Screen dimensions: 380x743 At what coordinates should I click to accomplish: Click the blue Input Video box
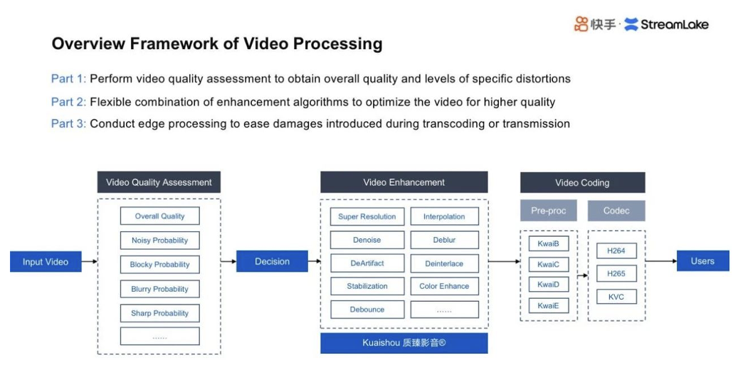pos(45,262)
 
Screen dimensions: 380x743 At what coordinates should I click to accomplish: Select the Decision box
pos(272,262)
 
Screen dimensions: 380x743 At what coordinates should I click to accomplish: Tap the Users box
pos(702,261)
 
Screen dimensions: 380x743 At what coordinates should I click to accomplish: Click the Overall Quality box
pos(159,216)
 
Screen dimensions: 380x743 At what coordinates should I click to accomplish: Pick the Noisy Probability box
pos(159,241)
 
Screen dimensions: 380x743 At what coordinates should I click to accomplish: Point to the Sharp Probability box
pos(159,313)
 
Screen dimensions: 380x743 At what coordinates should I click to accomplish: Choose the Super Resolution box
pos(367,216)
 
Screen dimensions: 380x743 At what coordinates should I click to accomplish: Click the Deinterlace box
pos(444,263)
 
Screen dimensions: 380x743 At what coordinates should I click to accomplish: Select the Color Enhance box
pos(444,286)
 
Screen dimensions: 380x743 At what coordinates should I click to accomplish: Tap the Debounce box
pos(367,310)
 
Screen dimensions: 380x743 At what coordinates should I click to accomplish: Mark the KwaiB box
pos(548,243)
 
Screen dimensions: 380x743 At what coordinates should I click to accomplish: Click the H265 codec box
pos(616,274)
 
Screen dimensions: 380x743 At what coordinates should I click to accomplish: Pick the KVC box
pos(616,297)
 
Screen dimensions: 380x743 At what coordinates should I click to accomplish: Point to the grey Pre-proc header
pos(548,211)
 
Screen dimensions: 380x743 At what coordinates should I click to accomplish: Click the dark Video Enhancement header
pos(404,182)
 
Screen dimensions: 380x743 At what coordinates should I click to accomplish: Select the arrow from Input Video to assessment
pos(88,262)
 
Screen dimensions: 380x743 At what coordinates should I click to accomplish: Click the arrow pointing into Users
pos(660,261)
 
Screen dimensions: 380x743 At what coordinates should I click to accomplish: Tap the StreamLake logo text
pos(674,25)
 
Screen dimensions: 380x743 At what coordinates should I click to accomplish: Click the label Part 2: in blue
pos(68,102)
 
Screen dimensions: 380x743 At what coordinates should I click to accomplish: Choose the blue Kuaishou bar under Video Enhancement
pos(404,343)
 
